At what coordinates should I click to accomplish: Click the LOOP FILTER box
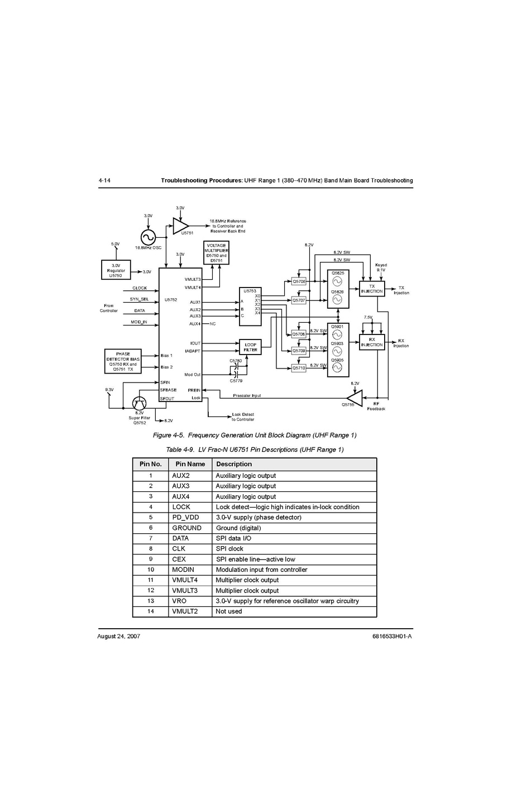(250, 347)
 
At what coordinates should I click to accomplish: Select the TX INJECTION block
(372, 289)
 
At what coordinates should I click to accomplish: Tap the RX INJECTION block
(372, 342)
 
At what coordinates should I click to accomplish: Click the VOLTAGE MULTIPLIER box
(216, 253)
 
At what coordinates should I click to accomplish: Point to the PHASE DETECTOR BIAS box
(123, 361)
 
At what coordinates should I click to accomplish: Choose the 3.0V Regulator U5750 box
(116, 270)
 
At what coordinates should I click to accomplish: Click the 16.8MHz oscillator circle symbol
(149, 237)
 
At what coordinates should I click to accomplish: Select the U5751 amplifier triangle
(180, 226)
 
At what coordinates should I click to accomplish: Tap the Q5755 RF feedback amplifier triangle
(355, 398)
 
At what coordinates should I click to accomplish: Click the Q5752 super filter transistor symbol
(139, 403)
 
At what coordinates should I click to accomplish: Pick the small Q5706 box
(299, 282)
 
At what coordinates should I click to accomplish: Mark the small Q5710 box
(299, 369)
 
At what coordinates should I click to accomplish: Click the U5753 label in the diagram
(250, 291)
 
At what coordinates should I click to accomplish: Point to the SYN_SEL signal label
(140, 299)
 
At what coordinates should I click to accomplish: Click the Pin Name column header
(190, 464)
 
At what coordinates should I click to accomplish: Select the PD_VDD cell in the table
(185, 518)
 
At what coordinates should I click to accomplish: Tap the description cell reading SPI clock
(229, 549)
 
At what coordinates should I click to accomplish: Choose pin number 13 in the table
(151, 601)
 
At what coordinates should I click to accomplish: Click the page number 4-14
(104, 180)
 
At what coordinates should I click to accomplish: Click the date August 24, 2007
(118, 637)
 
